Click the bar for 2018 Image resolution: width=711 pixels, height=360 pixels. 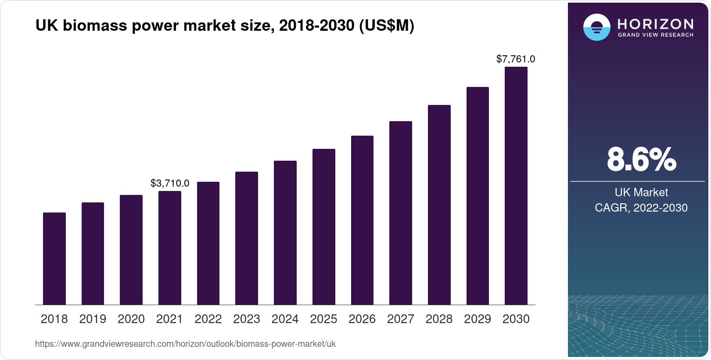coord(54,259)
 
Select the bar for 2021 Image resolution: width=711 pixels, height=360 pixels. coord(170,248)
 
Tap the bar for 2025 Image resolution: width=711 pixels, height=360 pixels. coord(324,227)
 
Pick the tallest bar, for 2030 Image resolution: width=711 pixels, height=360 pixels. coord(516,186)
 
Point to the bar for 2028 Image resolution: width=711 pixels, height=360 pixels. coord(439,205)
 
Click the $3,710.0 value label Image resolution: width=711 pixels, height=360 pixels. coord(170,183)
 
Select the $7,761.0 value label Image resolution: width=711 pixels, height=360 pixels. coord(516,59)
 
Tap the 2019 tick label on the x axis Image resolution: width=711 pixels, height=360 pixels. coord(93,319)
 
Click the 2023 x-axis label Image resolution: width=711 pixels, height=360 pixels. coord(247,319)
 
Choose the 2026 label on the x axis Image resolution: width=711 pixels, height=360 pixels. coord(362,319)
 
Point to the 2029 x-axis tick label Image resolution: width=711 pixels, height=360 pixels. coord(478,319)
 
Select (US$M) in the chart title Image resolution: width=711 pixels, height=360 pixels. coord(387,26)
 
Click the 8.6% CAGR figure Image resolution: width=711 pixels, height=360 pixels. coord(641,160)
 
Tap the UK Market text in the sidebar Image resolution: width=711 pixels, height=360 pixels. coord(641,192)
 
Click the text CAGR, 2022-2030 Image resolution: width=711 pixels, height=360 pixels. coord(641,208)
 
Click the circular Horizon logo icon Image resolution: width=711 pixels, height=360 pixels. coord(596,27)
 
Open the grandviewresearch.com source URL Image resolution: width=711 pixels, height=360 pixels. coord(185,344)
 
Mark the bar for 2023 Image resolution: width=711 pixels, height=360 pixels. coord(247,238)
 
